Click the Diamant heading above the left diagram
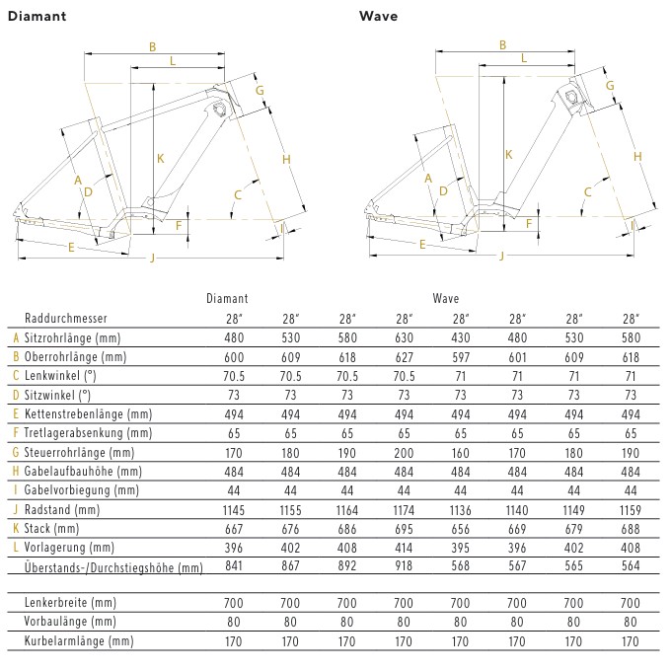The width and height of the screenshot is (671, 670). point(37,16)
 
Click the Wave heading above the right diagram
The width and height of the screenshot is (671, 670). point(377,16)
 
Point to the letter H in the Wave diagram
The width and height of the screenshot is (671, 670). point(637,156)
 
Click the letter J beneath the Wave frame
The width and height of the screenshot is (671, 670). point(502,256)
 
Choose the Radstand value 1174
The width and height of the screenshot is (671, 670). point(404,509)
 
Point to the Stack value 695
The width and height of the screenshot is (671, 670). point(404,528)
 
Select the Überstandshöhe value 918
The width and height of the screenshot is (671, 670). point(404,566)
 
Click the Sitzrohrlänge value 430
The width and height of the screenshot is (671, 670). point(460,337)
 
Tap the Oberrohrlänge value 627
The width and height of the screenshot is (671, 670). point(404,356)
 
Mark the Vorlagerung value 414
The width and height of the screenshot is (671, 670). point(404,547)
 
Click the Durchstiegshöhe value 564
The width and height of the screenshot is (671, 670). point(630,566)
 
